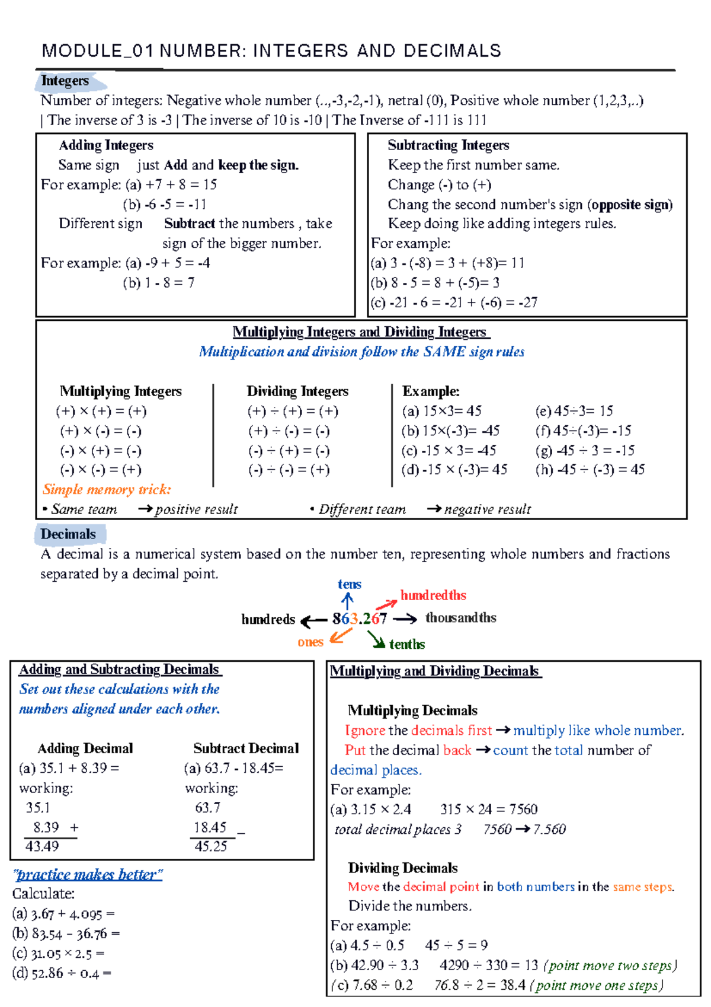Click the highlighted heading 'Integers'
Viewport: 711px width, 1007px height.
click(65, 81)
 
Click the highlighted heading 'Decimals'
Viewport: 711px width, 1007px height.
click(68, 534)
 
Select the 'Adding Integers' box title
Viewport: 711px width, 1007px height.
click(106, 145)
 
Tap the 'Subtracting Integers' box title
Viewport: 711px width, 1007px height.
click(448, 145)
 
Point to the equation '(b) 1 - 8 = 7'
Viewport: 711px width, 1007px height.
click(158, 283)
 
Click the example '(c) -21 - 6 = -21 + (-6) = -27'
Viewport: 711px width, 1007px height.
click(454, 302)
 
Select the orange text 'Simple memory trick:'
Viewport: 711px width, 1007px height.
click(107, 489)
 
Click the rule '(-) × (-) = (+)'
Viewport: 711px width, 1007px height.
click(100, 470)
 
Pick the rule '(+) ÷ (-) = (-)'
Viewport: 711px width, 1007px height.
click(289, 431)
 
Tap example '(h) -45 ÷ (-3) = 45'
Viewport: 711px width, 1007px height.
click(590, 470)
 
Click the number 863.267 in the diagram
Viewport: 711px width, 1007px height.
click(359, 619)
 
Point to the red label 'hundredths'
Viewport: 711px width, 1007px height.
click(433, 595)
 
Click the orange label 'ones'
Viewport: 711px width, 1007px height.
click(310, 642)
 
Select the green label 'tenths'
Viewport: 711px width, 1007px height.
click(407, 644)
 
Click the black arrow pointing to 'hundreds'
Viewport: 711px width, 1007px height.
click(313, 621)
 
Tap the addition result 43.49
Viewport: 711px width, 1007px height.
click(42, 846)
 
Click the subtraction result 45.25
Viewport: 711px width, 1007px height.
click(211, 846)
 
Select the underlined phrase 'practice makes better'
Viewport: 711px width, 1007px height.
click(88, 875)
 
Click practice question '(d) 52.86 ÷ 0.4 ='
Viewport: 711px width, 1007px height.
click(62, 973)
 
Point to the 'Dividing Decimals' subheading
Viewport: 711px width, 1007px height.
click(403, 868)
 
